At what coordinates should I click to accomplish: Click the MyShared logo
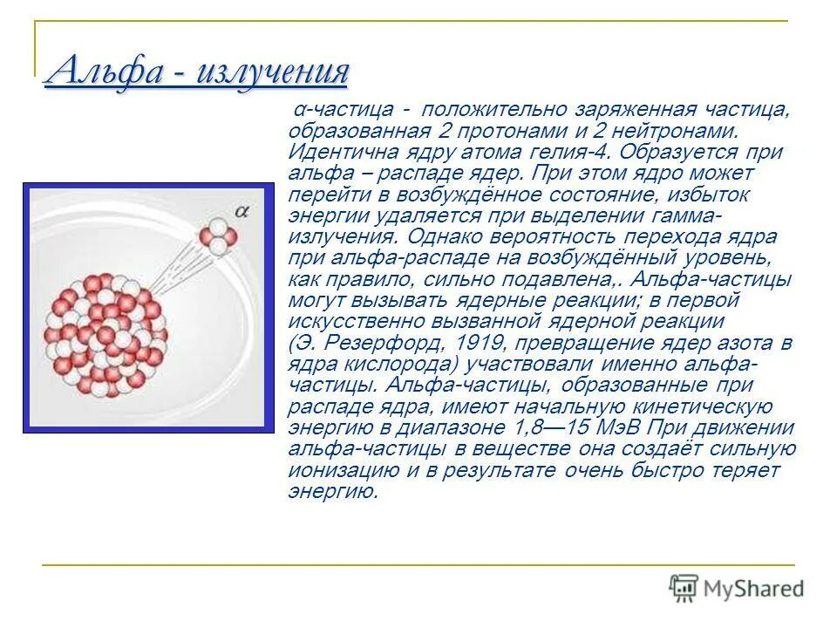coord(738,588)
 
